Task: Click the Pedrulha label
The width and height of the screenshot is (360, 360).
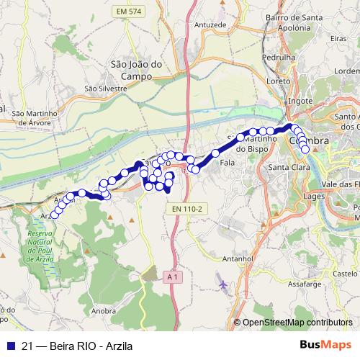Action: (280, 57)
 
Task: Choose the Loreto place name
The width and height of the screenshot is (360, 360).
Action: (278, 81)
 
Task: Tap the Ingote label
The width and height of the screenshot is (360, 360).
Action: (300, 102)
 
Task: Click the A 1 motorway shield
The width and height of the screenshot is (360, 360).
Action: (171, 276)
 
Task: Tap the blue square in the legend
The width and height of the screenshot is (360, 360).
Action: (10, 346)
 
